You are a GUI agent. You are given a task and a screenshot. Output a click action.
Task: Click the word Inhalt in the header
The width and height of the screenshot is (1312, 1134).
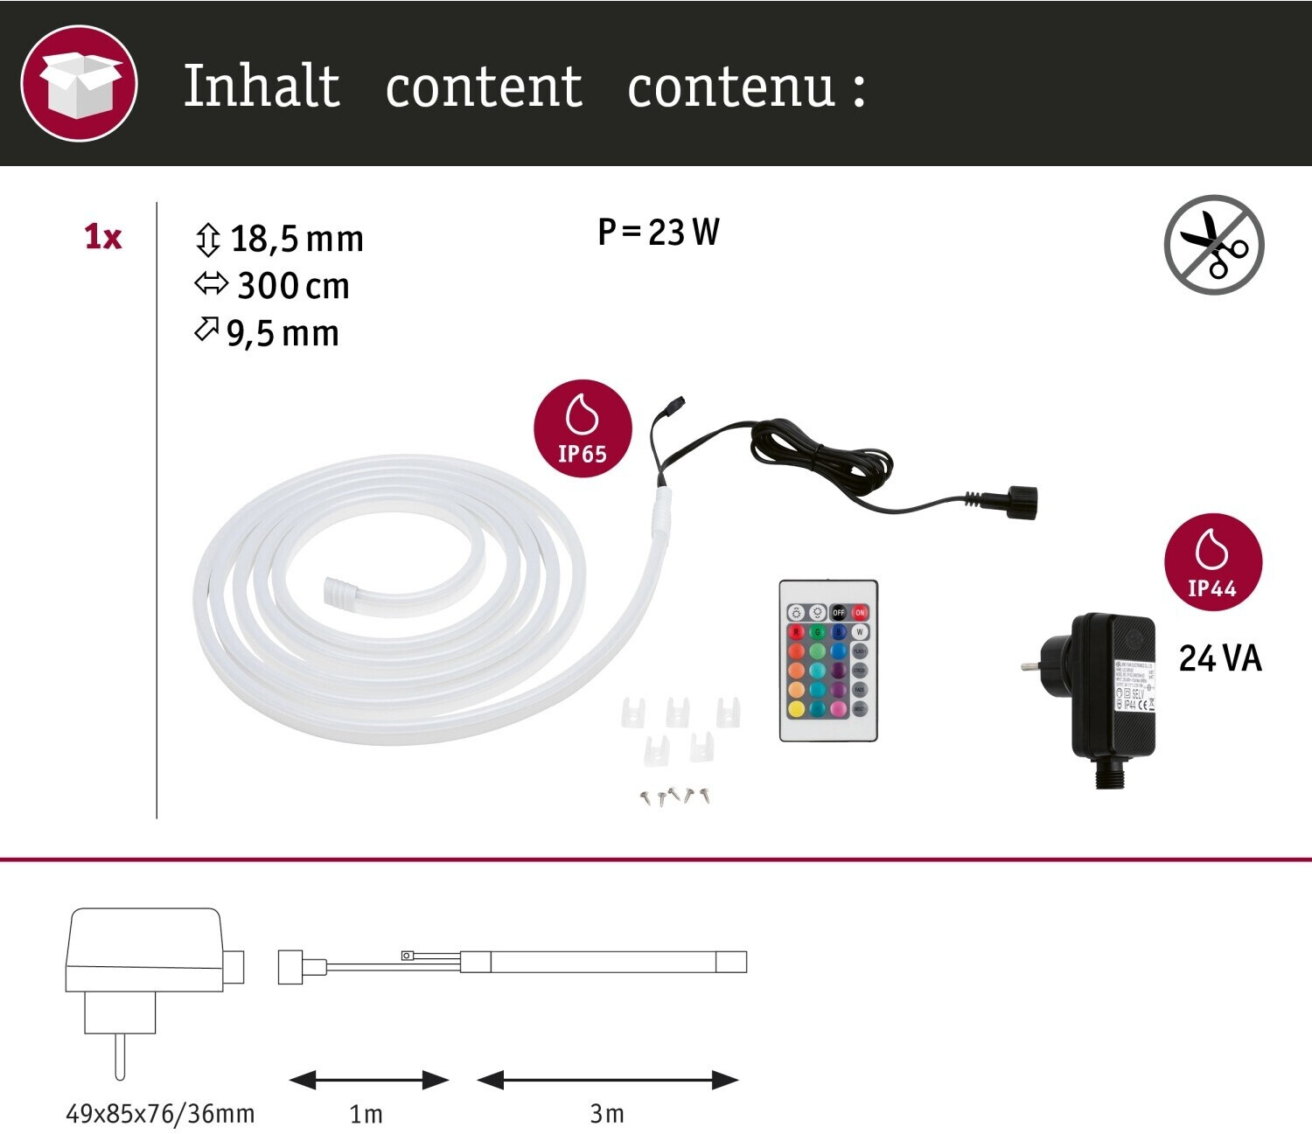point(261,87)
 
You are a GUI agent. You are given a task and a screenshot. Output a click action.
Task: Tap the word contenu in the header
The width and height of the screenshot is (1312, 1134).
point(731,88)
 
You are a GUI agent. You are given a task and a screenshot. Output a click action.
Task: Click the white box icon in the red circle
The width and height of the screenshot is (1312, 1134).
point(79,83)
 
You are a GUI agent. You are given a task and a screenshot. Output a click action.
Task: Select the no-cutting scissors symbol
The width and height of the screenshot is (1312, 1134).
point(1214,245)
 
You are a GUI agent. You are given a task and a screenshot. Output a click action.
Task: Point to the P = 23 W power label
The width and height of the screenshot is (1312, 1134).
point(659,233)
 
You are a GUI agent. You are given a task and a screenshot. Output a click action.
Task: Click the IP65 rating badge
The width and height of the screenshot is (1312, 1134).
point(583,428)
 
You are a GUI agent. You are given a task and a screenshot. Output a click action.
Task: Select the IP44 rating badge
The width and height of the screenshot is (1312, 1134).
point(1212,562)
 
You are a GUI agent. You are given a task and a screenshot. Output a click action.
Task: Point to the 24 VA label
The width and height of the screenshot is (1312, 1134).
point(1220,658)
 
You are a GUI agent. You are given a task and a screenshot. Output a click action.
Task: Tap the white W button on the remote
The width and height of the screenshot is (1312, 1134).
point(860,631)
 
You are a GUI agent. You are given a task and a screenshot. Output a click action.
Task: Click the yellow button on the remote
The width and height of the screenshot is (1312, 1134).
point(796,709)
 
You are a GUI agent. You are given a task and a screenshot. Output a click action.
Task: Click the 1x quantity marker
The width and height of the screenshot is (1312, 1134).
point(102,237)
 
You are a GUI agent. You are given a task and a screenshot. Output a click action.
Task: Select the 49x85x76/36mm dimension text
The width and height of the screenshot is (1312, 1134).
point(160,1114)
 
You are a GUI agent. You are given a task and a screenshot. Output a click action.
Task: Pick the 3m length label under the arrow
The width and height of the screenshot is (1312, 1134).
point(607,1114)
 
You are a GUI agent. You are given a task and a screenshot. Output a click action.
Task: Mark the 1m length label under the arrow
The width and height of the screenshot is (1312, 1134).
point(366,1114)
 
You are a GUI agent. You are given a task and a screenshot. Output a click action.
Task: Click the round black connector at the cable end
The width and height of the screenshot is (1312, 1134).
point(1021,502)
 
